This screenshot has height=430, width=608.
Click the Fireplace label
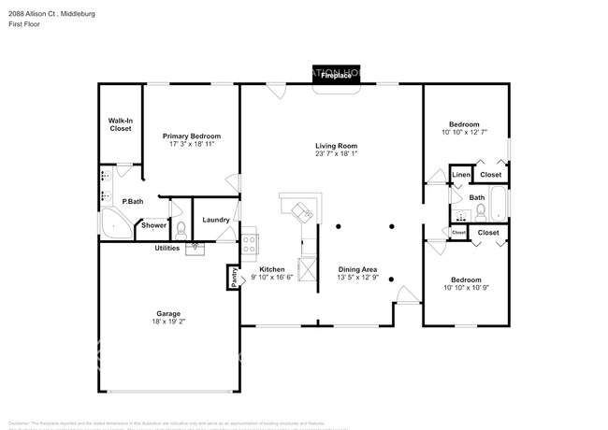(x=336, y=77)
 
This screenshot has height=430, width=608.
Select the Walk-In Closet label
(x=121, y=124)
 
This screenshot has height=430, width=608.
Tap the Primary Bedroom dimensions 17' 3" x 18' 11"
(x=192, y=145)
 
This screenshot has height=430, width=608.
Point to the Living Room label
(x=336, y=146)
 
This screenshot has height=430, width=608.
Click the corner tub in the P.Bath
(x=113, y=223)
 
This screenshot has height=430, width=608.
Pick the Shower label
(x=153, y=225)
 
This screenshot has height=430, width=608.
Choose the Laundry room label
(x=216, y=220)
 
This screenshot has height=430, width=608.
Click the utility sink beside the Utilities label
(x=195, y=248)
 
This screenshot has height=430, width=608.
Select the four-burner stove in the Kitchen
(x=250, y=245)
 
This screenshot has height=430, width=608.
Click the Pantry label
(x=233, y=278)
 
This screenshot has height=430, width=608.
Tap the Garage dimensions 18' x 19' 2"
(x=168, y=322)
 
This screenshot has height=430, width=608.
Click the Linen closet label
(x=460, y=175)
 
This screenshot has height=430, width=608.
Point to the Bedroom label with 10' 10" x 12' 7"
(x=464, y=124)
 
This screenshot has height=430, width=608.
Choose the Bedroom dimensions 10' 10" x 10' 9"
(x=464, y=288)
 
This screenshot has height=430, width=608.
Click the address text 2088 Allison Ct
(x=38, y=14)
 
